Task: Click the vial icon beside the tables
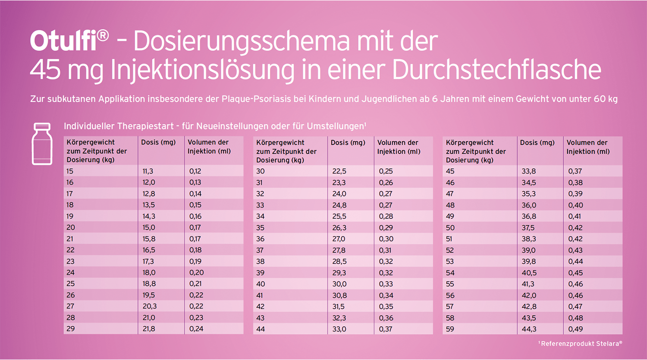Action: [x=42, y=144]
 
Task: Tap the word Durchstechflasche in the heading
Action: [x=496, y=70]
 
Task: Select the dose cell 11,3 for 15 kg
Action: [x=148, y=171]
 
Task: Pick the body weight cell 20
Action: [x=71, y=227]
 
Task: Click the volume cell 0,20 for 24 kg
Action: [x=196, y=272]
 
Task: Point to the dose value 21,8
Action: [x=149, y=328]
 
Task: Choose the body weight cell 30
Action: [x=260, y=171]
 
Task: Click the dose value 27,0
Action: [x=339, y=239]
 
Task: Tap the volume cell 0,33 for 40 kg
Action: [x=386, y=284]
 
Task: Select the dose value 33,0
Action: [x=339, y=329]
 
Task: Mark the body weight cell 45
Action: [x=450, y=171]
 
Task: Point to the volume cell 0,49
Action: [x=575, y=329]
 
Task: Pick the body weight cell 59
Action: [x=450, y=329]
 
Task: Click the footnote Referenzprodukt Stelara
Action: [x=580, y=344]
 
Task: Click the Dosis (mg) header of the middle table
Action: [x=348, y=142]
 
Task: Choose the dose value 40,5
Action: [x=529, y=273]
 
